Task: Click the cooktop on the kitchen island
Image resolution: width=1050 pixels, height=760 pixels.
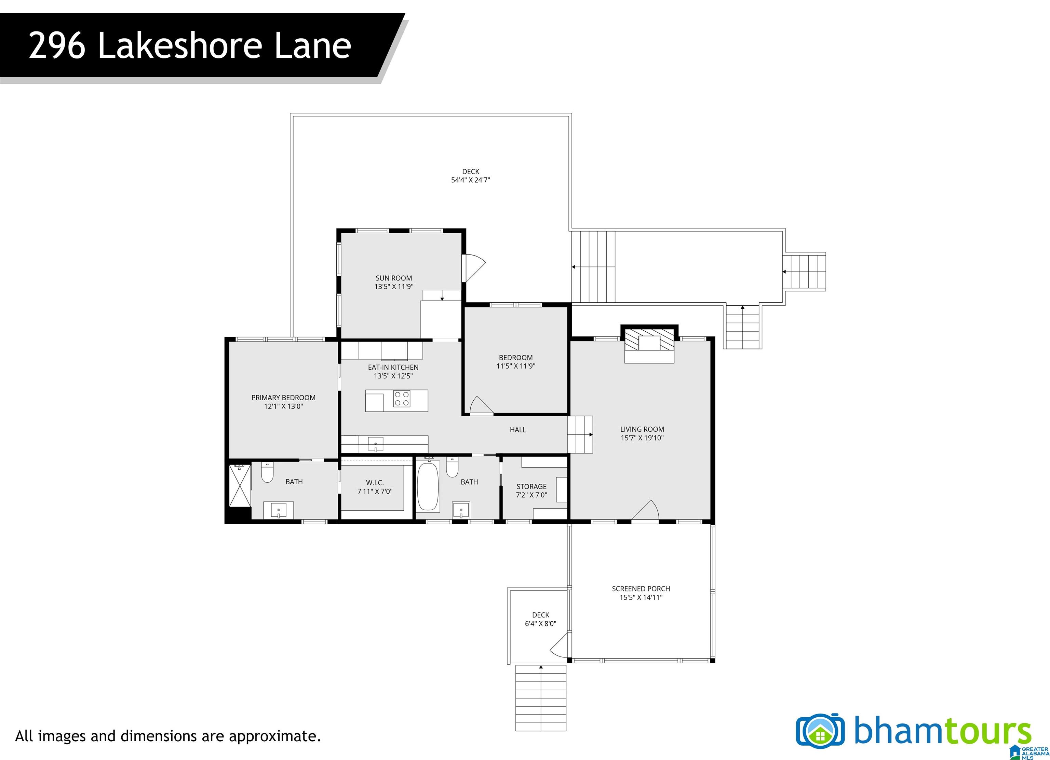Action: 401,398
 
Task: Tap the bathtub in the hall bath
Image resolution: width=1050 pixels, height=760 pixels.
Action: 428,487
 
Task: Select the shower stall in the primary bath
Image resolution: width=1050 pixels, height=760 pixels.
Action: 240,486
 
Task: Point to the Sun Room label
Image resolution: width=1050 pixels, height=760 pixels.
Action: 393,278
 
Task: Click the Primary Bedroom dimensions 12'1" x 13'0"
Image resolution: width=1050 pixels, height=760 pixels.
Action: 283,406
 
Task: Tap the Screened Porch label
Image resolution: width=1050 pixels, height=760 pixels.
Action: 641,589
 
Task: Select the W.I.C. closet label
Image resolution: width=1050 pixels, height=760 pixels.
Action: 375,482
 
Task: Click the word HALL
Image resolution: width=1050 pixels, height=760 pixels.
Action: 517,430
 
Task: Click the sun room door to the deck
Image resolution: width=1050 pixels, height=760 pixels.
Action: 474,268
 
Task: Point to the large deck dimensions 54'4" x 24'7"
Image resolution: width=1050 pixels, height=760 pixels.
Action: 470,180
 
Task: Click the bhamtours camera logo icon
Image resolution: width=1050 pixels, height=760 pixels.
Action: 820,730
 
